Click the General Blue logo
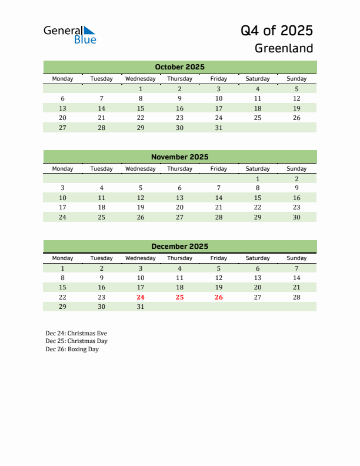point(69,35)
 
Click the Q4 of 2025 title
point(276,30)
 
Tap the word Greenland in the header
point(284,48)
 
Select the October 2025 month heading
point(179,67)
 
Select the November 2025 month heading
point(179,157)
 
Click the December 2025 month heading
point(179,247)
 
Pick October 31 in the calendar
point(218,128)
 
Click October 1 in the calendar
point(141,89)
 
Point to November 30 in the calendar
point(296,217)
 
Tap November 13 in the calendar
point(179,198)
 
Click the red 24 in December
point(141,297)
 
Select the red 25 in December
point(179,297)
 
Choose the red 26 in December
point(218,297)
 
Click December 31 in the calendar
point(141,307)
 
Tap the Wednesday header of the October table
point(141,79)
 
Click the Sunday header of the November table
point(296,169)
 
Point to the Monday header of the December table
point(63,258)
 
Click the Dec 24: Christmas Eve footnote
point(76,333)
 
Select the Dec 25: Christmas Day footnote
point(76,341)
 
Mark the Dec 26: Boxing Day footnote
point(72,349)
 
